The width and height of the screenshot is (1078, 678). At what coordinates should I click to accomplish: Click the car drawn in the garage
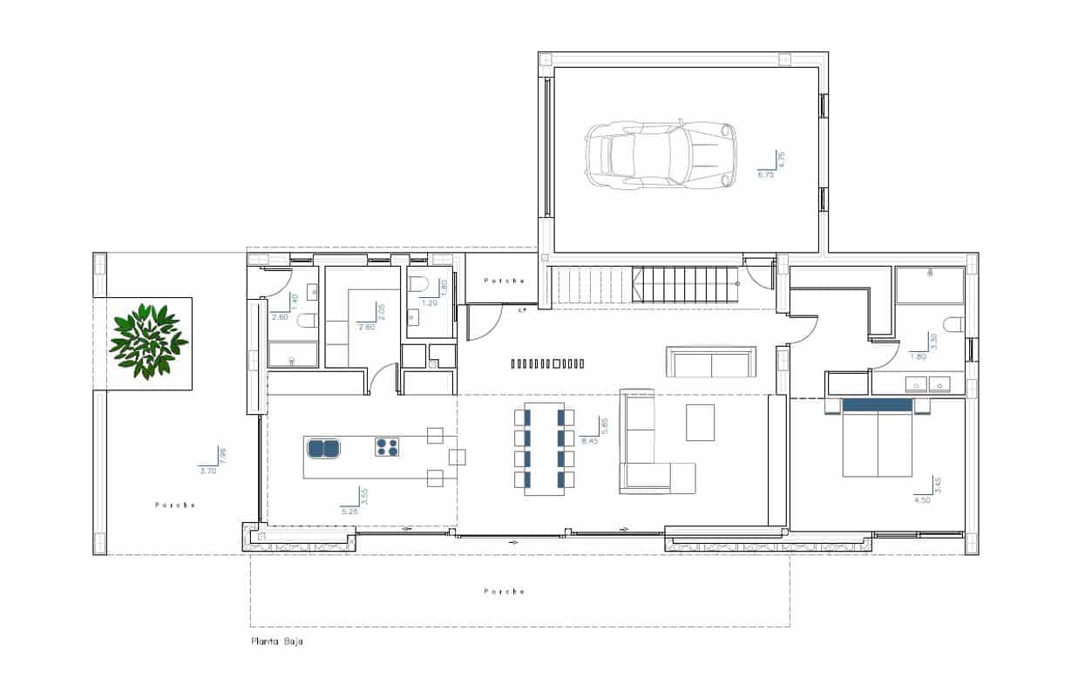tap(661, 155)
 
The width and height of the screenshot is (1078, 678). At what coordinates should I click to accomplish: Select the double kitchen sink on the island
tap(323, 448)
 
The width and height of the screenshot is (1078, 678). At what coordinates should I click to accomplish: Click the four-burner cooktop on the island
tap(388, 448)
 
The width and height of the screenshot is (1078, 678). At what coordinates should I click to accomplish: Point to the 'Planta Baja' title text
tap(276, 642)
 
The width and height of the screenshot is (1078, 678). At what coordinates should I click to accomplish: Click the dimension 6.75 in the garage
tap(766, 174)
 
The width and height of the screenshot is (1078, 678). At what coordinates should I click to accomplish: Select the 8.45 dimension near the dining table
tap(589, 441)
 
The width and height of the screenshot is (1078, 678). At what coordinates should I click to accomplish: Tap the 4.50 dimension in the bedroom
tap(922, 500)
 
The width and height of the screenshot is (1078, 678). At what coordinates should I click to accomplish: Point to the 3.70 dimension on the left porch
tap(207, 471)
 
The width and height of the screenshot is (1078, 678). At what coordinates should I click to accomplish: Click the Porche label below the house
tap(505, 591)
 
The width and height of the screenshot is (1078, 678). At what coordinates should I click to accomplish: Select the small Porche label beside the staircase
tap(505, 281)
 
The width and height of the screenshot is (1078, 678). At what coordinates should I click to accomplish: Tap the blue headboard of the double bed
tap(877, 405)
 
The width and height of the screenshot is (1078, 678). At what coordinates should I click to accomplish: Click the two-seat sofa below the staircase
tap(711, 362)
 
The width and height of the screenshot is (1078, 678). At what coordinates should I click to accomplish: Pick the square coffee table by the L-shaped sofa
tap(701, 423)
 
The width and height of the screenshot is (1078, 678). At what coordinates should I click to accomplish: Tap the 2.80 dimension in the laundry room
tap(365, 326)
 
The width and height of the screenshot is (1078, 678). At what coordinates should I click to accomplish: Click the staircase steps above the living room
tap(645, 285)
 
